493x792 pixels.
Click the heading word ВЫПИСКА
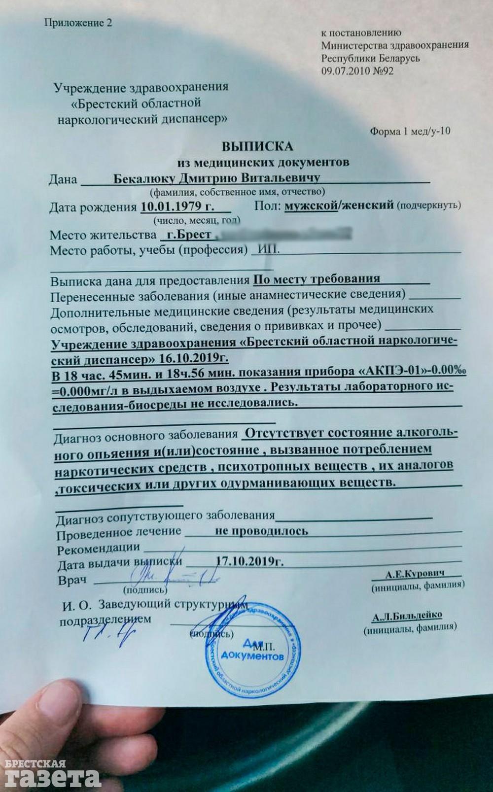pos(257,146)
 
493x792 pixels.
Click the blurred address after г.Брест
pos(283,233)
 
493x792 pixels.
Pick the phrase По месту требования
pos(316,279)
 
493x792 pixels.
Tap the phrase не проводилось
pos(262,531)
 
